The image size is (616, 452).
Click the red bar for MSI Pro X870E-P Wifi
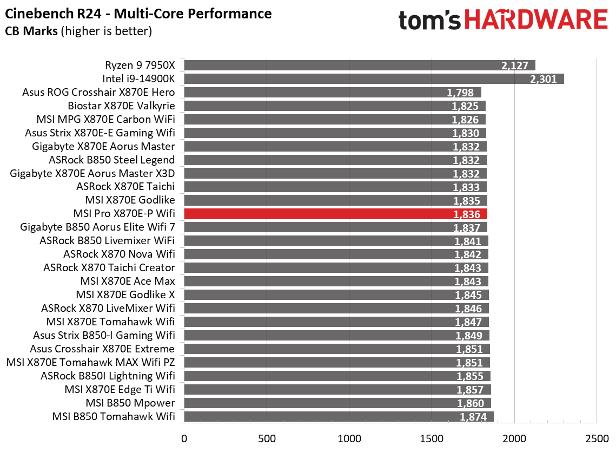335,214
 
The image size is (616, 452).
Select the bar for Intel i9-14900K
373,79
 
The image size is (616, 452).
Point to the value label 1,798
460,93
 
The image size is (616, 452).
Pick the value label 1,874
473,417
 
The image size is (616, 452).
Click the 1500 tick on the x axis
432,437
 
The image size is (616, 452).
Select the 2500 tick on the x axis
597,437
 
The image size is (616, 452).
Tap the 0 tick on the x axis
184,437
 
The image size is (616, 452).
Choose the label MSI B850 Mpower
130,403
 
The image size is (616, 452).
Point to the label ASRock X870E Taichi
125,187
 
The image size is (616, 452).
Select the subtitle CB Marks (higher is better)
78,31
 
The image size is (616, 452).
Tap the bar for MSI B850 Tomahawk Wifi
339,416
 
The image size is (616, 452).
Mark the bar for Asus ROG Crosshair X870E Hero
332,93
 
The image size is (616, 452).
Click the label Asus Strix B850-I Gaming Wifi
104,335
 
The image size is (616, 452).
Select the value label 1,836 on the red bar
467,214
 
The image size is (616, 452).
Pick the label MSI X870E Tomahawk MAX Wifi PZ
90,362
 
